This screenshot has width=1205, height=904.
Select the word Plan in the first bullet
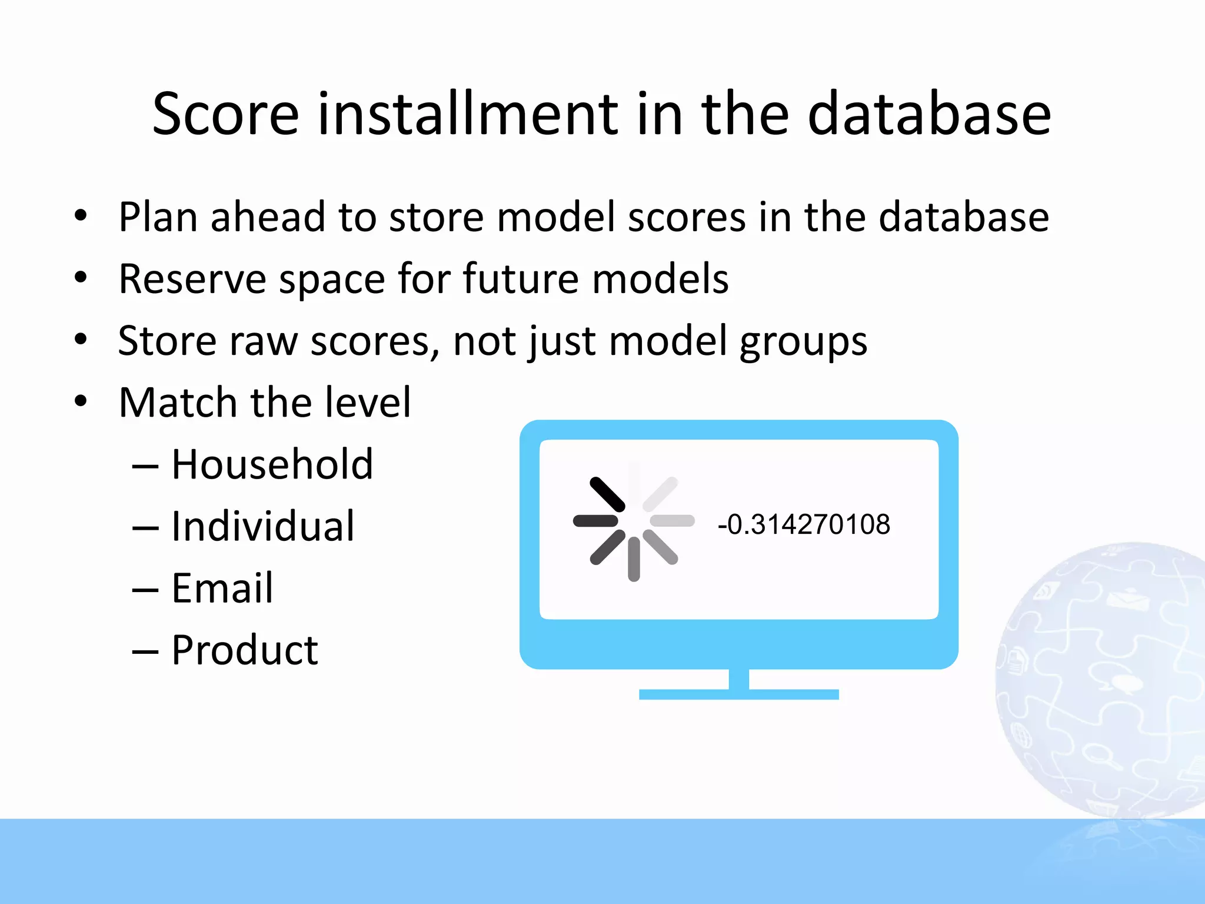click(x=157, y=217)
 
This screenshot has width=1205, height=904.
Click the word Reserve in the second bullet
click(x=192, y=279)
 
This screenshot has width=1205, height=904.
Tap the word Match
click(x=178, y=403)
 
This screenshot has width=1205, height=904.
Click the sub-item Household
click(x=272, y=465)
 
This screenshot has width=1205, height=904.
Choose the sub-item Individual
click(x=262, y=527)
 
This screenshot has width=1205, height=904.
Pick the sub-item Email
click(x=222, y=589)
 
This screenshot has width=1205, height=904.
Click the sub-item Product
click(x=244, y=650)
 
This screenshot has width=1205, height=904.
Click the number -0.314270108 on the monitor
click(x=803, y=524)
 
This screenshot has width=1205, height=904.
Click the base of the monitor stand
click(x=738, y=694)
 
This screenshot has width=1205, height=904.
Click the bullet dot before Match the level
click(x=81, y=401)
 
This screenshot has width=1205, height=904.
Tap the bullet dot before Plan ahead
click(x=81, y=215)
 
